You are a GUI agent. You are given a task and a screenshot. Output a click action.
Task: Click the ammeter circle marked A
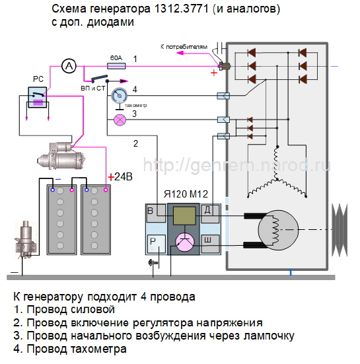[69, 66]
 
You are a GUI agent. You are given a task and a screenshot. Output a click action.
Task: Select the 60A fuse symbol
[116, 66]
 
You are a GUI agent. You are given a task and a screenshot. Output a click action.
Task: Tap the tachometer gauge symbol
[120, 95]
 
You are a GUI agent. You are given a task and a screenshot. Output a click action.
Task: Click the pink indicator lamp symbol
[120, 120]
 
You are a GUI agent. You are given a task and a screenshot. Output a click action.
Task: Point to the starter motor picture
[61, 155]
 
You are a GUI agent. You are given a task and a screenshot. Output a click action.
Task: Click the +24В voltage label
[120, 177]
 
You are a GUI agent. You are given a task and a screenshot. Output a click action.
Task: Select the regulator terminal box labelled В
[156, 213]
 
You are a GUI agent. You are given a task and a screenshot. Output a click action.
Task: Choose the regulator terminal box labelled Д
[210, 213]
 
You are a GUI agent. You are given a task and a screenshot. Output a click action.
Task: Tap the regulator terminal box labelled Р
[156, 244]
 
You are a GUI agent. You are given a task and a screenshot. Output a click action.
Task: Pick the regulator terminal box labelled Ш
[210, 244]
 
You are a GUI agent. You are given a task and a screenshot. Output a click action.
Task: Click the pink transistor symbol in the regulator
[185, 242]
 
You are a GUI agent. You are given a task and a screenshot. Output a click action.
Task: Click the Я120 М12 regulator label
[186, 194]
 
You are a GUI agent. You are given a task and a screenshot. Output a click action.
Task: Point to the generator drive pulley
[340, 230]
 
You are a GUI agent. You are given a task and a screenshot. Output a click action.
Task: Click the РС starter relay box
[38, 97]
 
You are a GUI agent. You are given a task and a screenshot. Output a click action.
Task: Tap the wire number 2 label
[135, 143]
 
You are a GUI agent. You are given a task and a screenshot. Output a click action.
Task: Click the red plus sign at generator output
[214, 73]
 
